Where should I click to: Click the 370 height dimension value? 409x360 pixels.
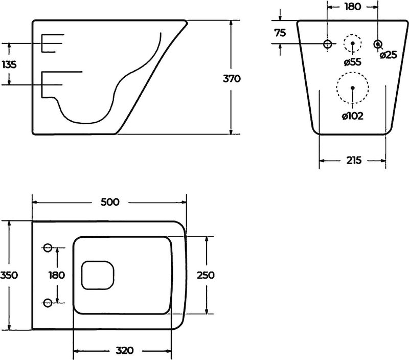pos(232,78)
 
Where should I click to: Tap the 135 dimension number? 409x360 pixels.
pos(9,64)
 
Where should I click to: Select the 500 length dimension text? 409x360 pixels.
pos(110,202)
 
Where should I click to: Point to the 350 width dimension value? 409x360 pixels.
pos(9,275)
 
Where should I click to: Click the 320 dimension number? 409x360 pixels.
pos(125,350)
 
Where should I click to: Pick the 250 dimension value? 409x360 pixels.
pos(206,275)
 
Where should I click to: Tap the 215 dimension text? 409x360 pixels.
pos(354,160)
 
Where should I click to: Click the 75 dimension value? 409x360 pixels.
pos(280,33)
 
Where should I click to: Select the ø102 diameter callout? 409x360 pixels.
pos(353,116)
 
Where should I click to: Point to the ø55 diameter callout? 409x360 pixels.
pos(352,62)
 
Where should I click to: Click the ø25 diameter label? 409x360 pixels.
pos(389,55)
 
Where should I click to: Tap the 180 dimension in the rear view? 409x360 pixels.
pos(353,7)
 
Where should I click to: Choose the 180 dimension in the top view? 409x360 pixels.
pos(57,275)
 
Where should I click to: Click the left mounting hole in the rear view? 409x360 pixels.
pos(328,44)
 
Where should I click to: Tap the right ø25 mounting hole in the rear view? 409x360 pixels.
pos(378,44)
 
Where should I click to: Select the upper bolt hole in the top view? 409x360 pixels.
pos(48,247)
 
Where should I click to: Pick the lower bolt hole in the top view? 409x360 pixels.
pos(48,303)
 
